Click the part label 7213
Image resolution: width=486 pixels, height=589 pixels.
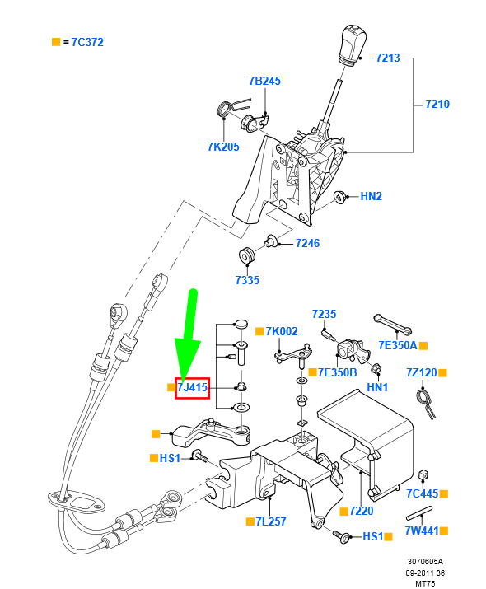point(388,58)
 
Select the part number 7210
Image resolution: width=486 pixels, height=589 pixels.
point(437,105)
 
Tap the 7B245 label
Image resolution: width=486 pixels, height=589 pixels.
point(264,81)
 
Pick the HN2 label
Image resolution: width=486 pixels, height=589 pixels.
point(372,197)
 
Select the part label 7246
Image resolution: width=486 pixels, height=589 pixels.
point(307,244)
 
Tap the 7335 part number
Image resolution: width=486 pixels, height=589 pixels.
point(246,280)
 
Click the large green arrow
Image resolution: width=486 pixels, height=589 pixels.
point(189,338)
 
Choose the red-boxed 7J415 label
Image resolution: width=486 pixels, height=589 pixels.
point(192,386)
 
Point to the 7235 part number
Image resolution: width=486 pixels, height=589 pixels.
point(325,314)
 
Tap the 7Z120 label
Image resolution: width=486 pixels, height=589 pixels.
point(422,373)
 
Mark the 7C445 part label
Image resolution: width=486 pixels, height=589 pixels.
point(422,493)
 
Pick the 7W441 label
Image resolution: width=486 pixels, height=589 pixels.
point(422,532)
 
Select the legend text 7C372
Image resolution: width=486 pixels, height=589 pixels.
point(87,41)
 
